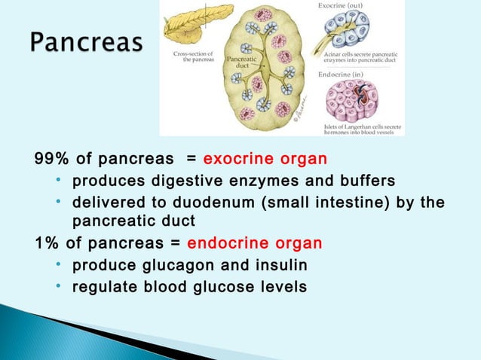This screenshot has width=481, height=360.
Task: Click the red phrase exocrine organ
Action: [265, 160]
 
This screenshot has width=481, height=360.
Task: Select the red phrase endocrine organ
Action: [254, 244]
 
